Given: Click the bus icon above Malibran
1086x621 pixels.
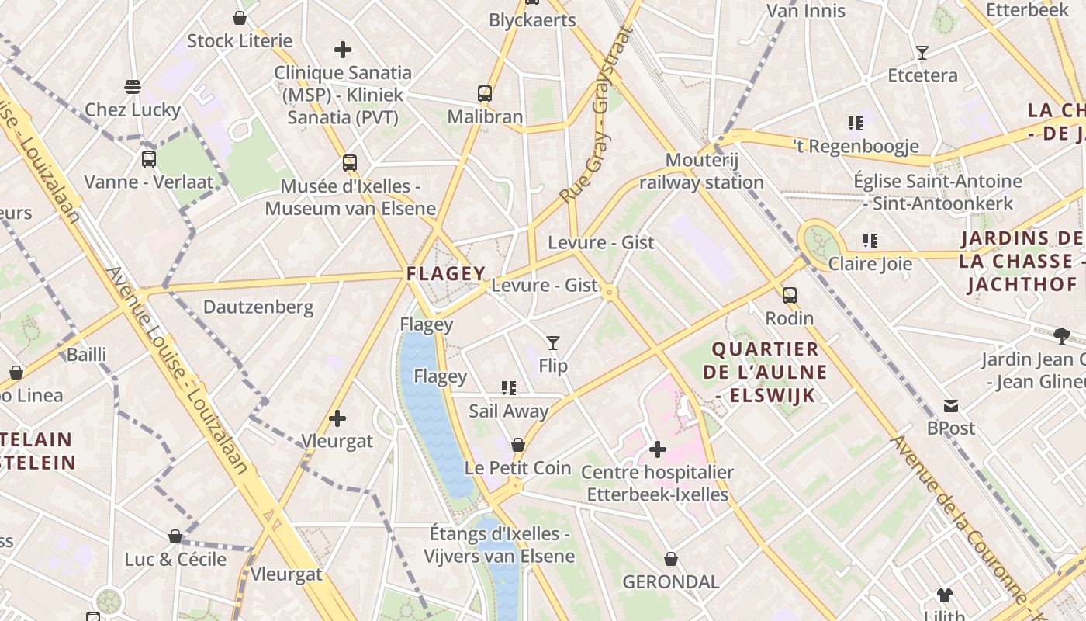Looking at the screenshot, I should click(x=485, y=94).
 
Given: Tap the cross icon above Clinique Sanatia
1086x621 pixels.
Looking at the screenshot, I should click(x=343, y=50).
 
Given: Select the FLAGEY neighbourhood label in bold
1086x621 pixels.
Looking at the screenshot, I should click(x=446, y=273).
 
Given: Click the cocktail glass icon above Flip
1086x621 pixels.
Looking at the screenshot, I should click(x=553, y=342).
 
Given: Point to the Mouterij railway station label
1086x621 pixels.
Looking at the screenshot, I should click(x=701, y=172).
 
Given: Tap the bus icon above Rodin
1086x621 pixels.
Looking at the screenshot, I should click(x=790, y=295).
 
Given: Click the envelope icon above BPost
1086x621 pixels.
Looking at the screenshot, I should click(x=951, y=405).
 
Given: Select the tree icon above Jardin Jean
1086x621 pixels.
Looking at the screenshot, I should click(x=1062, y=336).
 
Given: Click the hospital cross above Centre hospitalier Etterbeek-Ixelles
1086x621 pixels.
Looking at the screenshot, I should click(x=658, y=449).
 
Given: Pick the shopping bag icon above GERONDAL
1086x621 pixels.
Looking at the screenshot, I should click(x=671, y=559).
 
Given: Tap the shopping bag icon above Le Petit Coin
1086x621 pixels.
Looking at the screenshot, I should click(x=518, y=445).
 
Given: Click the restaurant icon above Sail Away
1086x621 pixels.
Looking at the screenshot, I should click(x=509, y=387).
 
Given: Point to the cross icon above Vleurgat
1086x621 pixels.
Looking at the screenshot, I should click(x=337, y=418).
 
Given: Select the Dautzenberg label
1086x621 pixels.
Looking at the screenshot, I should click(x=258, y=307).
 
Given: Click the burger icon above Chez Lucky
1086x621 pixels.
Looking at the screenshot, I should click(x=133, y=86).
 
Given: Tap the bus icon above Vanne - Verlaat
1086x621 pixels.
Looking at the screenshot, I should click(x=149, y=159).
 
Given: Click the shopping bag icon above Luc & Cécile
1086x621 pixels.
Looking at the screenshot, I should click(x=175, y=536).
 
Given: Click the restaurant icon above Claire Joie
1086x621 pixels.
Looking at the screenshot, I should click(x=870, y=241).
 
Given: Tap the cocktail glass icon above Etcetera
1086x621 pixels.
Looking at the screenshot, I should click(x=922, y=53).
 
